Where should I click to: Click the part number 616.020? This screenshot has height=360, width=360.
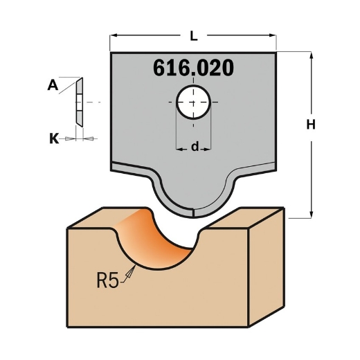[192, 68]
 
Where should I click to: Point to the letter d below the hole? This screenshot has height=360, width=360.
[195, 146]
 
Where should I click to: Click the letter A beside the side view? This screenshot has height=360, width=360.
[53, 85]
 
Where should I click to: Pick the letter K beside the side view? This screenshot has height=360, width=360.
[53, 138]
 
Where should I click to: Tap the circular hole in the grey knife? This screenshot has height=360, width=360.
[193, 102]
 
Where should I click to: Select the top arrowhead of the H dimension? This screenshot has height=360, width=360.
[312, 54]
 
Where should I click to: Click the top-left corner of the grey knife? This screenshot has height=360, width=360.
[111, 53]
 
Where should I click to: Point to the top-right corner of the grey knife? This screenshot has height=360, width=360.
[276, 53]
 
